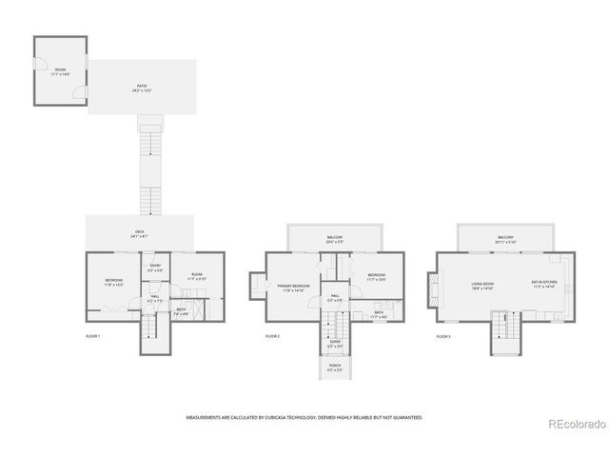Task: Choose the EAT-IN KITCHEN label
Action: tap(542, 284)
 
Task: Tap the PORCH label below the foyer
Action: tap(335, 367)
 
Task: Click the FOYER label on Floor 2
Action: tap(335, 342)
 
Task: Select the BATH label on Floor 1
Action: tap(181, 310)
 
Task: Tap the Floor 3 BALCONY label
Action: tap(505, 239)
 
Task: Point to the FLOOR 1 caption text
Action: tap(92, 336)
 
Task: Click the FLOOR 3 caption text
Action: tap(443, 336)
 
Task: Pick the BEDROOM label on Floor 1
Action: tap(114, 281)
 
